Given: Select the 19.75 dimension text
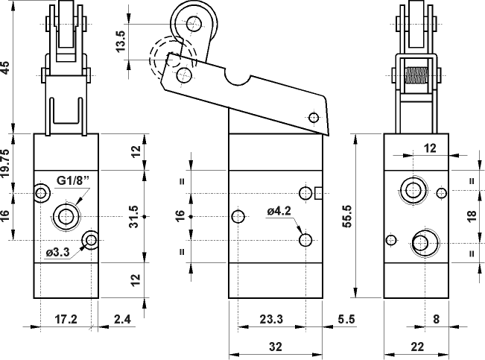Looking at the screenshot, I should click(x=6, y=162).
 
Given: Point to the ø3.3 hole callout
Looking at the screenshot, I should click(x=58, y=252).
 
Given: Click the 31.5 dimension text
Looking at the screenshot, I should click(x=134, y=217).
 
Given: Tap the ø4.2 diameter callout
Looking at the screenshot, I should click(x=278, y=211).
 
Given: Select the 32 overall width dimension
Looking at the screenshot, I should click(x=276, y=346).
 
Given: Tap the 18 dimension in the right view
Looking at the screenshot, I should click(x=471, y=217).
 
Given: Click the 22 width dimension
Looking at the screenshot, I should click(x=417, y=346).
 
